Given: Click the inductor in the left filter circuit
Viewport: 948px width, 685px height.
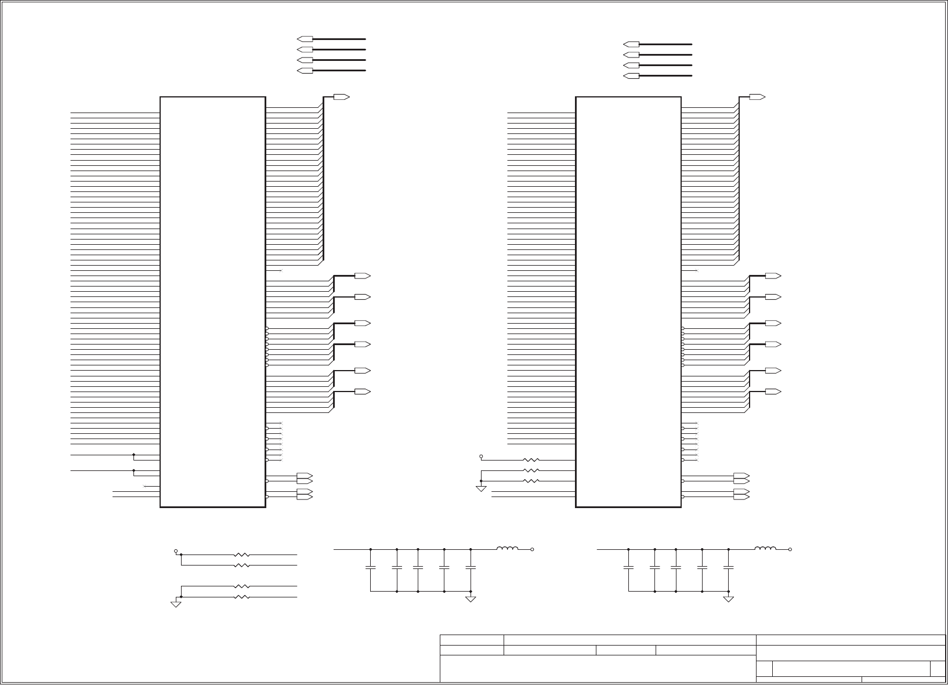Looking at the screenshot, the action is coord(507,548).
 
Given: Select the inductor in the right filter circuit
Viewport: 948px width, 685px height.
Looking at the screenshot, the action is coord(765,548).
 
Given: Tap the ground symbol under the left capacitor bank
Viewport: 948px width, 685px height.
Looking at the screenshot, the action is coord(471,599).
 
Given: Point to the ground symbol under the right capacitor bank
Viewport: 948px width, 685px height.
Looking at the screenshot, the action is coord(729,599).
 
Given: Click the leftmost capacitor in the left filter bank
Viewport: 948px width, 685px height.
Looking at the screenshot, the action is coord(370,567).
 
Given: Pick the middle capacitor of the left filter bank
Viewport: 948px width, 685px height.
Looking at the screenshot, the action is coord(418,567).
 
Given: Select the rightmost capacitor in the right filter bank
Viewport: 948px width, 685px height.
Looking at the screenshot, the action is coord(729,567).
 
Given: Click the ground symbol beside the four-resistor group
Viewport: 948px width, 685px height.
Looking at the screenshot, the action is coord(176,604).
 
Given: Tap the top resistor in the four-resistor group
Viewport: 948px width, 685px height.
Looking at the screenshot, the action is coord(242,554).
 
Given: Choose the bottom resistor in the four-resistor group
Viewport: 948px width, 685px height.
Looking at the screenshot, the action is coord(242,597).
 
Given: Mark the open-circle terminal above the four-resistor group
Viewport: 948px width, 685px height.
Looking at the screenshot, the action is coord(176,550).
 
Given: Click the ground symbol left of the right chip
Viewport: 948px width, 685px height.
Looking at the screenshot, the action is coord(481,488).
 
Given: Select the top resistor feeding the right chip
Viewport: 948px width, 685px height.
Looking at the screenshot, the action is coord(531,460).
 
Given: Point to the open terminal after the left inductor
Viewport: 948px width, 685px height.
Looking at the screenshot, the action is coord(532,549).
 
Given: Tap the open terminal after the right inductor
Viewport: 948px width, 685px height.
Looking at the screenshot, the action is coord(790,549).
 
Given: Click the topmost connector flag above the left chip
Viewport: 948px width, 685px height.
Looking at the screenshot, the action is coord(305,39).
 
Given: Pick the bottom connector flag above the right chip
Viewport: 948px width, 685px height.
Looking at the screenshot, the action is coord(631,76).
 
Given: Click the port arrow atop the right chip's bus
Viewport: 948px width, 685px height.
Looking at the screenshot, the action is coord(757,97).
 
